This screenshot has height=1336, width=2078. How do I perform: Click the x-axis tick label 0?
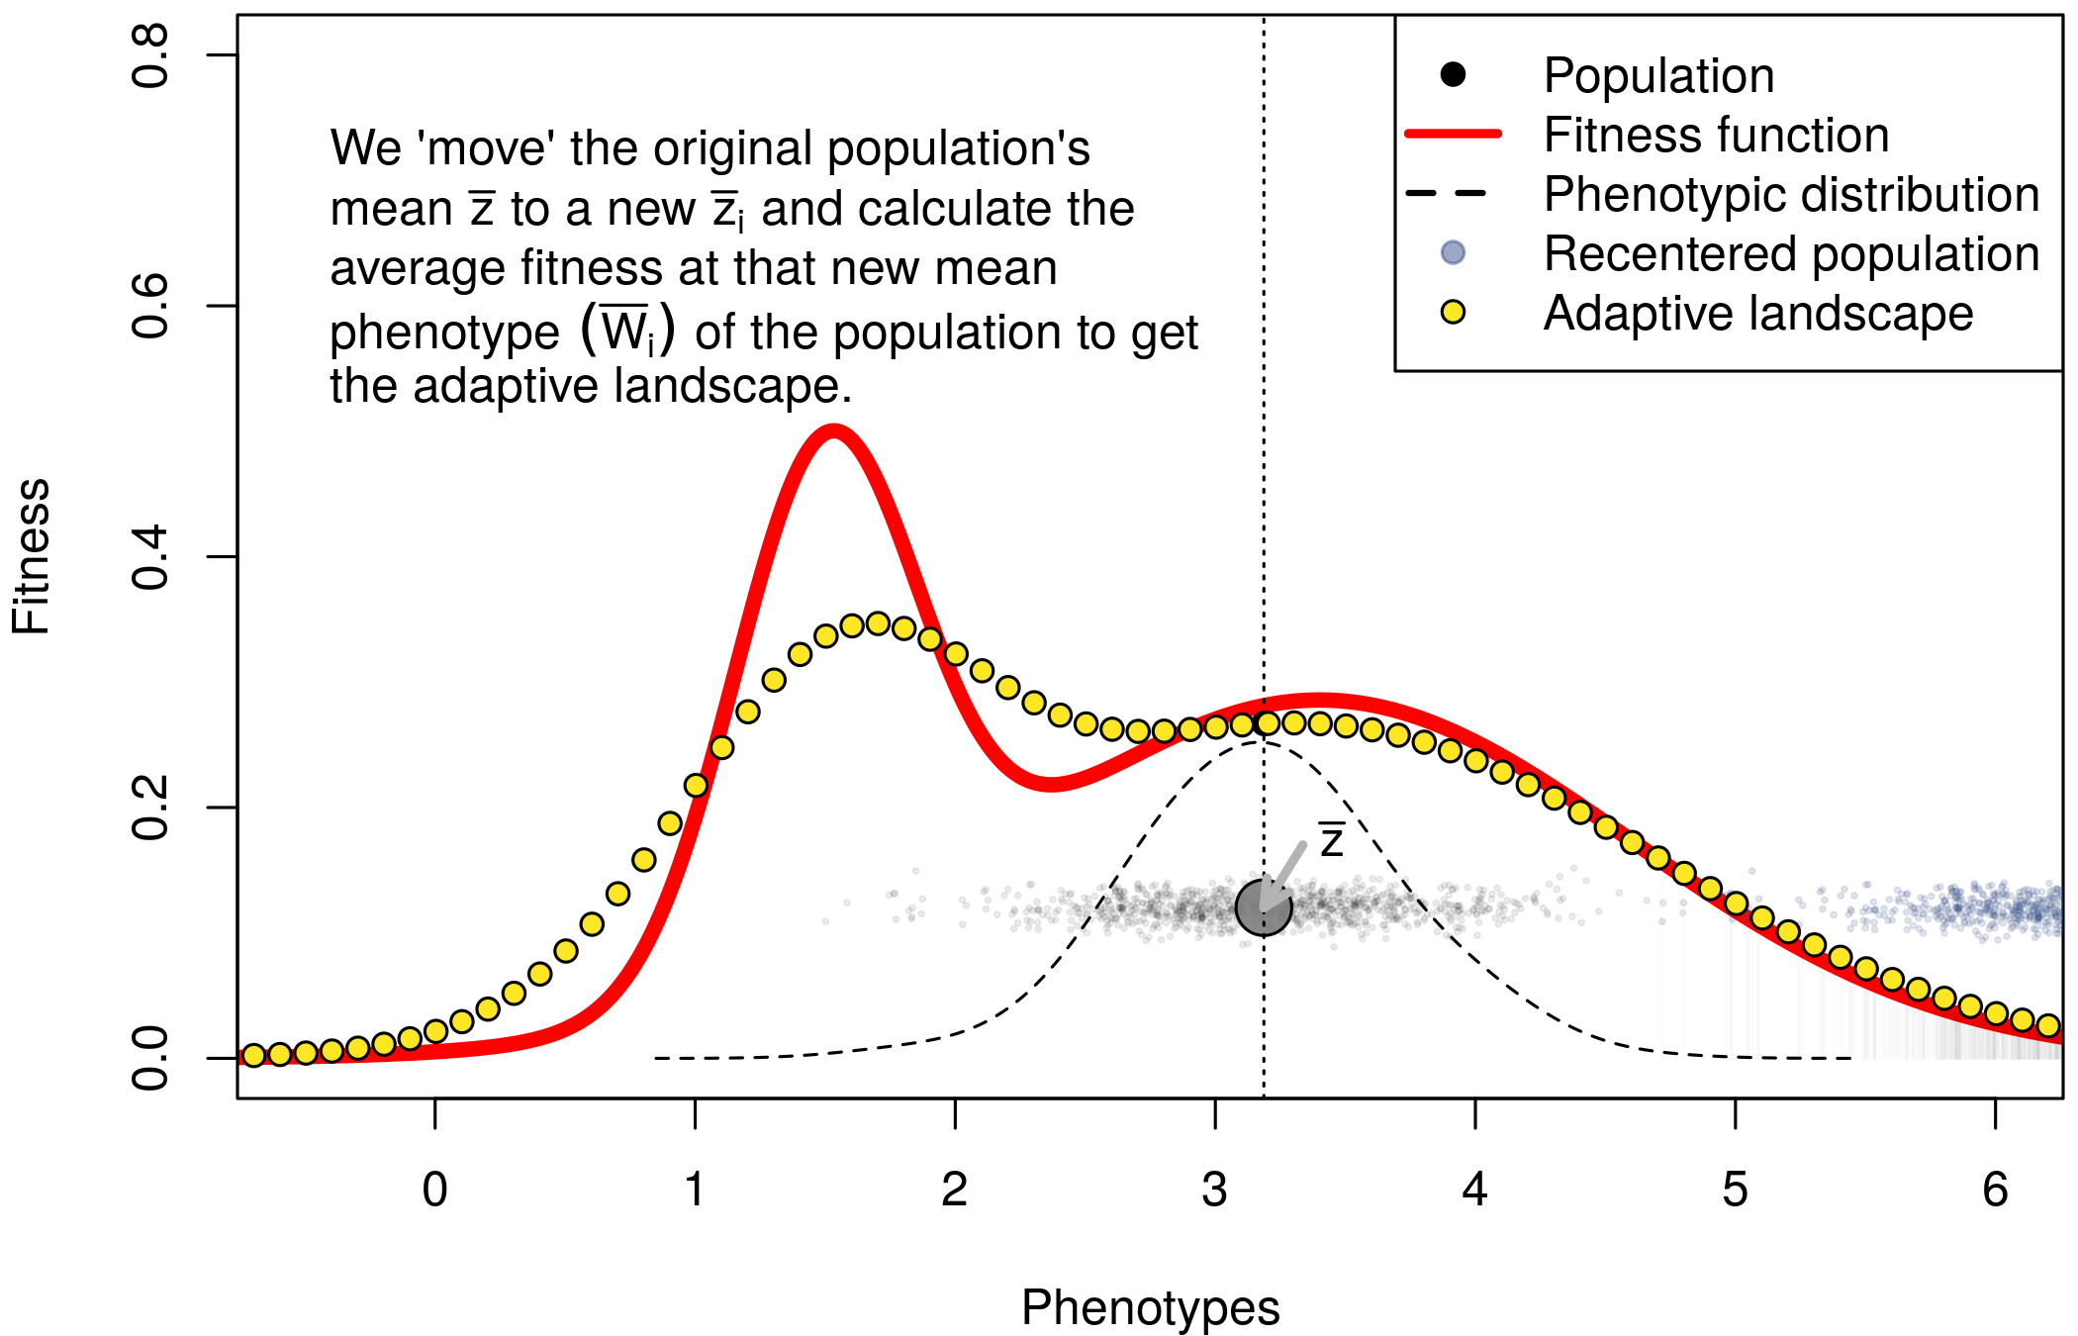click(434, 1190)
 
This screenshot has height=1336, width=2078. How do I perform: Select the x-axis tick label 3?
click(1214, 1190)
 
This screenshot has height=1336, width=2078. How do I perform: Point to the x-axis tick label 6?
click(1995, 1190)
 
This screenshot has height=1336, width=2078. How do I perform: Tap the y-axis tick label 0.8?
click(150, 56)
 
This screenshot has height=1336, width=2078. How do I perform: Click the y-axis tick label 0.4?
click(150, 558)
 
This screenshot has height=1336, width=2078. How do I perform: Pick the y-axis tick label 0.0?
click(150, 1059)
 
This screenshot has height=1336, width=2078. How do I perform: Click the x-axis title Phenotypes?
click(1150, 1307)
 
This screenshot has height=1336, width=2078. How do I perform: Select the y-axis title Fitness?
click(32, 556)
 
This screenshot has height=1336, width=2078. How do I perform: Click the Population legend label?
click(1658, 76)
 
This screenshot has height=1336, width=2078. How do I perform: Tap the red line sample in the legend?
click(1453, 134)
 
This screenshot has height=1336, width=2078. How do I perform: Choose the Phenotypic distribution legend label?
click(1791, 195)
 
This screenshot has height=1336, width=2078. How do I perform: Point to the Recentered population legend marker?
click(1453, 252)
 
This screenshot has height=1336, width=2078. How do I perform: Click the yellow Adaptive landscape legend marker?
click(1453, 313)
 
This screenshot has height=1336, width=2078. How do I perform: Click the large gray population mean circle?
click(1264, 907)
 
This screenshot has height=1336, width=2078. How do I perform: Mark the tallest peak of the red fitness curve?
click(834, 430)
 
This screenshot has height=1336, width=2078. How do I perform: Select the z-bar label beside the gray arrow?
click(1331, 840)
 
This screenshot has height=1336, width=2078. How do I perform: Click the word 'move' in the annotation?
click(488, 149)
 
